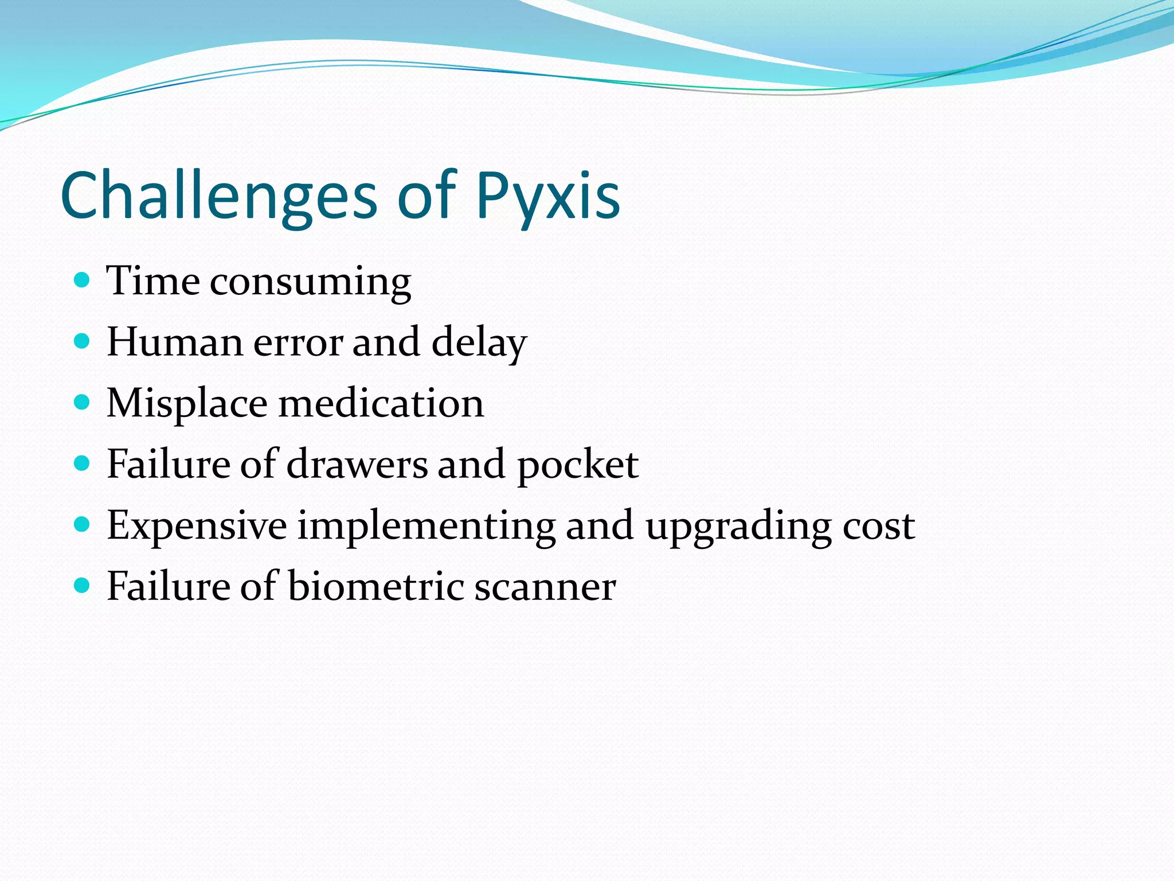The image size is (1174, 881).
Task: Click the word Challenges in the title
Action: pyautogui.click(x=218, y=196)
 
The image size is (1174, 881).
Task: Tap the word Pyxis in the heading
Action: pyautogui.click(x=547, y=196)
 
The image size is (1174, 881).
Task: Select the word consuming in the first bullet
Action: pyautogui.click(x=310, y=282)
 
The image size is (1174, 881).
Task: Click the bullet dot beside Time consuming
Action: pyautogui.click(x=83, y=280)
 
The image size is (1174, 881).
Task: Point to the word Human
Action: pyautogui.click(x=175, y=342)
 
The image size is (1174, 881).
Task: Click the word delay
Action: pyautogui.click(x=479, y=342)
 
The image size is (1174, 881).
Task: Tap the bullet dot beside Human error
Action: pyautogui.click(x=83, y=341)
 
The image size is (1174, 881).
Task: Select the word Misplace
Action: pyautogui.click(x=187, y=403)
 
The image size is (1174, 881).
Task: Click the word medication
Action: pyautogui.click(x=381, y=403)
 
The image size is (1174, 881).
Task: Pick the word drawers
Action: pyautogui.click(x=357, y=465)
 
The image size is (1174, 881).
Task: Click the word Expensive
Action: pyautogui.click(x=197, y=525)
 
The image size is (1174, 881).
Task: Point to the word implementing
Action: pyautogui.click(x=426, y=527)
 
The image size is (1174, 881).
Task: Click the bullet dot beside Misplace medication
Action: pyautogui.click(x=83, y=402)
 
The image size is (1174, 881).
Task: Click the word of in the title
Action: pyautogui.click(x=427, y=196)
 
